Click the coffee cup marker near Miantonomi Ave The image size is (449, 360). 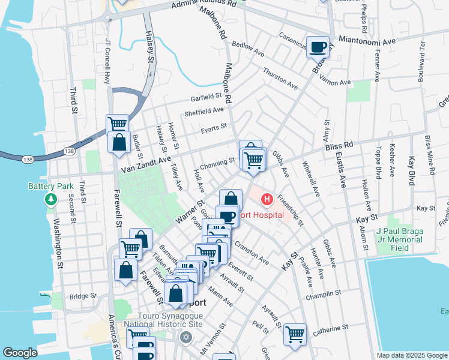318,46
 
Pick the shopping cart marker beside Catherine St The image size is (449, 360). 295,334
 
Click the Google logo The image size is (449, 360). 20,353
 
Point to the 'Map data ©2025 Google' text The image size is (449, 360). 411,355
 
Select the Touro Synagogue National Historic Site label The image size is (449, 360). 164,320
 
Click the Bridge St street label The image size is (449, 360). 78,296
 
